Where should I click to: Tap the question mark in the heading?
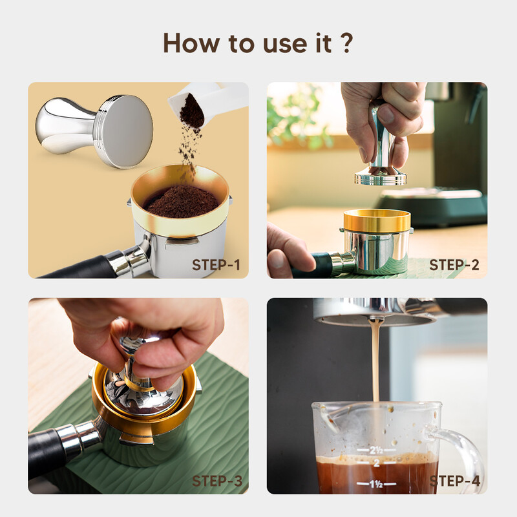point(346,42)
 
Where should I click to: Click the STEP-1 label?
point(216,264)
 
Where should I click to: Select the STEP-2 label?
point(454,264)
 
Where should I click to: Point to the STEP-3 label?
point(216,481)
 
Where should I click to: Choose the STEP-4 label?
point(454,481)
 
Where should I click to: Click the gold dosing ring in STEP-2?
point(376,221)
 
